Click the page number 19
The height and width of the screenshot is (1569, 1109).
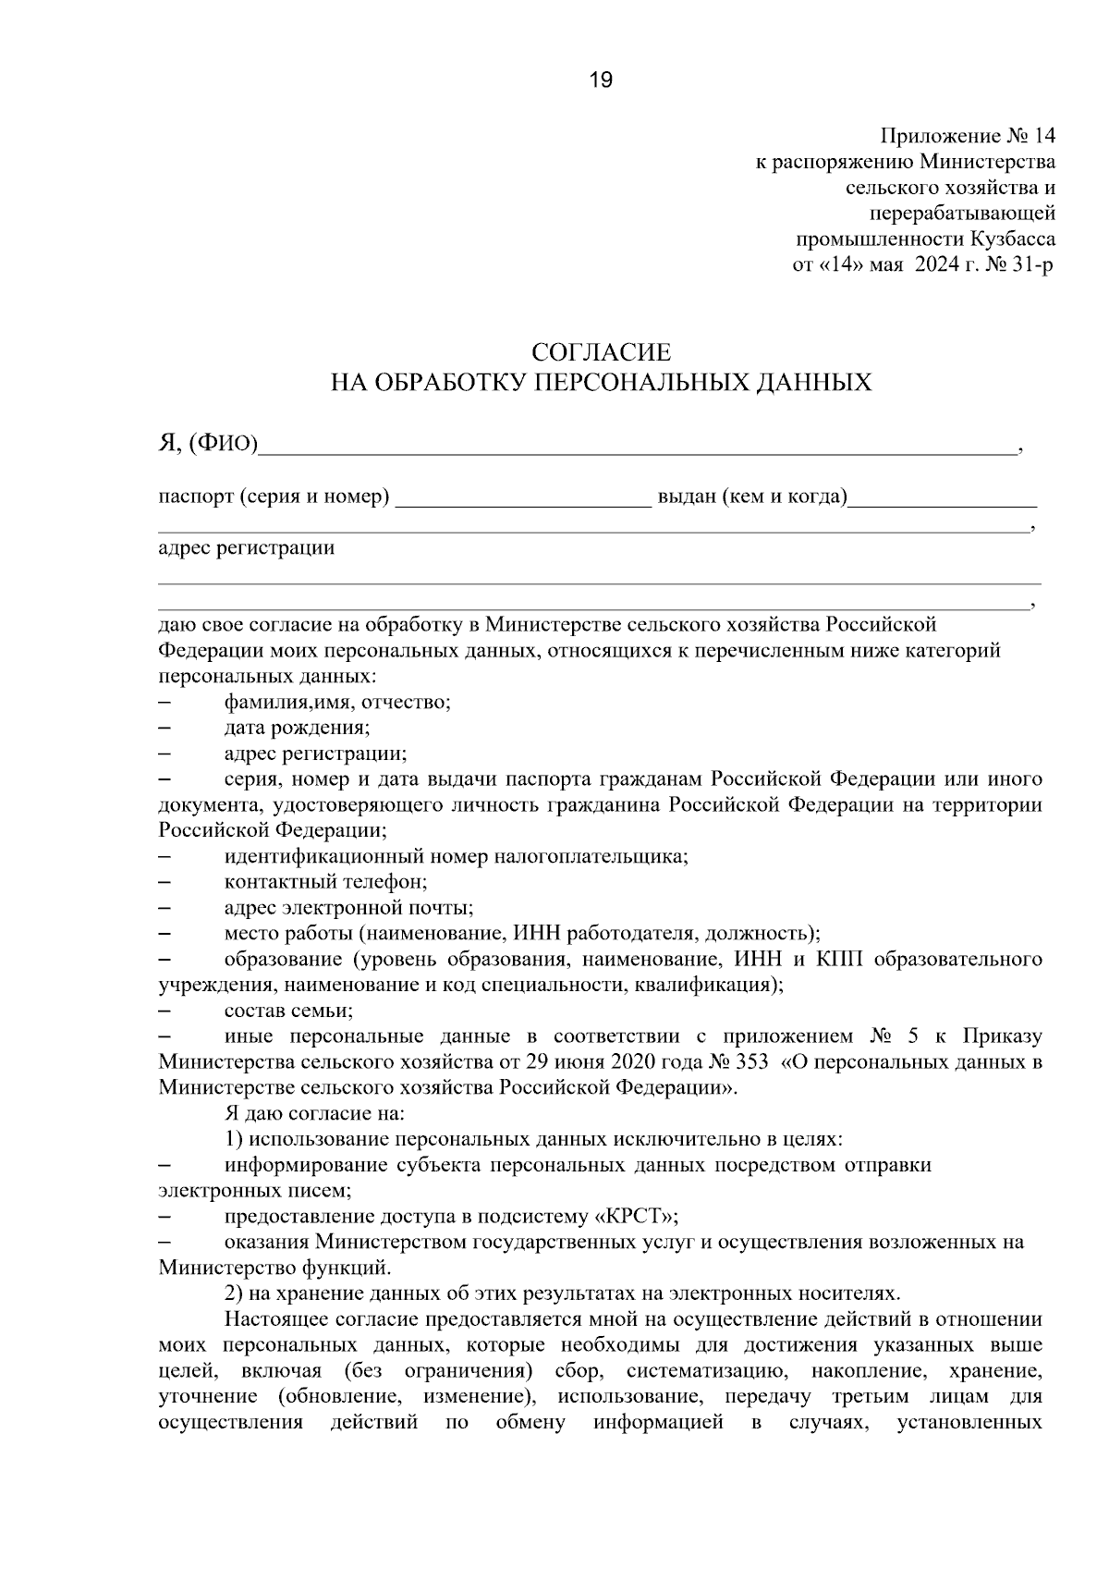[601, 81]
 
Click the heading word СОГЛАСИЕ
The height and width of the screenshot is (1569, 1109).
[601, 352]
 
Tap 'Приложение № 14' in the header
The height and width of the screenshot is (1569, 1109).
[967, 137]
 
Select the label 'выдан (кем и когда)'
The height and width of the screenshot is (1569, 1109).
[752, 497]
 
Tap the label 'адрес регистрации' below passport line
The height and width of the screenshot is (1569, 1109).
[247, 548]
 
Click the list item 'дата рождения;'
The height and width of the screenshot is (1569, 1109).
[297, 728]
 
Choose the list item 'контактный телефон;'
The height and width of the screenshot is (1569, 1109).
[325, 882]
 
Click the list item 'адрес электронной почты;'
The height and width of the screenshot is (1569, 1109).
[348, 908]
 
